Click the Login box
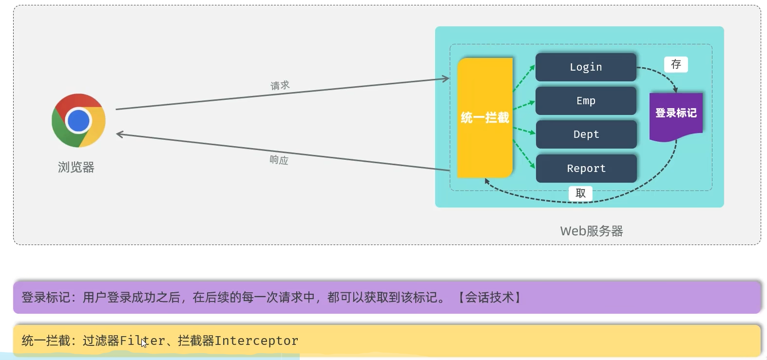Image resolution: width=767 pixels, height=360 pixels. (x=586, y=67)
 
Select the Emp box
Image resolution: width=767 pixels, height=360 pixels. (x=586, y=101)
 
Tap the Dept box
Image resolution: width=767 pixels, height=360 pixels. (x=586, y=134)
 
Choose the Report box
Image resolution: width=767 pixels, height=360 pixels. (x=586, y=169)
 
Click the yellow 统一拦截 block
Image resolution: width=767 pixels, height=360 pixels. (x=485, y=118)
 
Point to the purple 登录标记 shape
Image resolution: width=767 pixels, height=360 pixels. (x=676, y=115)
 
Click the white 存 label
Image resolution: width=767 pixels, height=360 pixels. (x=676, y=64)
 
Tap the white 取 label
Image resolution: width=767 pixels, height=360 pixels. (x=580, y=193)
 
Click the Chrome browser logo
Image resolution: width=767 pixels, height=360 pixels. (x=78, y=120)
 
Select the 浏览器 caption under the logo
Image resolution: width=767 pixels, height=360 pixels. (x=76, y=168)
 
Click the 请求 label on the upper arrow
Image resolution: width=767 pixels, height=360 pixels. (x=280, y=86)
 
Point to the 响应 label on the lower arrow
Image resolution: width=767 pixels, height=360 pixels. (x=279, y=160)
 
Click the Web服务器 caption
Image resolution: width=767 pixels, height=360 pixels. (x=592, y=231)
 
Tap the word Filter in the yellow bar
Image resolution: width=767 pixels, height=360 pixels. (x=142, y=341)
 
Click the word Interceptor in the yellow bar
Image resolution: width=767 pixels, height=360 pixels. (x=256, y=341)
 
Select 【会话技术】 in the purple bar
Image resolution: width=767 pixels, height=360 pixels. (x=489, y=297)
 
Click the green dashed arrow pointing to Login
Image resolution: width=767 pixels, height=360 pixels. (x=524, y=78)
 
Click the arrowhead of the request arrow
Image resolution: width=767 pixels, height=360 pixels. (x=446, y=78)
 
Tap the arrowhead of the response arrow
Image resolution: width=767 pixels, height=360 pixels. (x=119, y=134)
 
